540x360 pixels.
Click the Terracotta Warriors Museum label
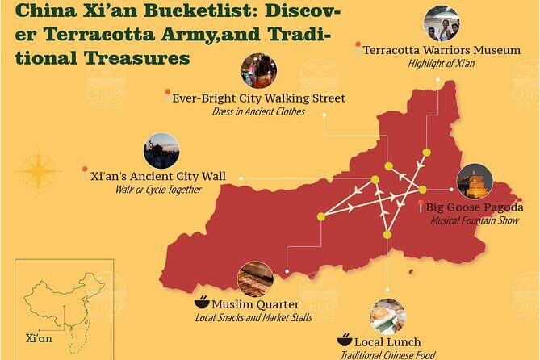(x=441, y=50)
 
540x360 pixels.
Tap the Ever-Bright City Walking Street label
(x=258, y=98)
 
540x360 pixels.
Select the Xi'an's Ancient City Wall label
(x=158, y=176)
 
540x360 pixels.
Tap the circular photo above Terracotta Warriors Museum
(x=441, y=23)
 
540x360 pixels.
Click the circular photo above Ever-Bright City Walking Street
(x=257, y=71)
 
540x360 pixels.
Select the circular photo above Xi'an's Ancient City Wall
(x=161, y=150)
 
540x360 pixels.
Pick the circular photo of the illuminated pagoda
(x=475, y=182)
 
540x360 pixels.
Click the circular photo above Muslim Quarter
(x=255, y=278)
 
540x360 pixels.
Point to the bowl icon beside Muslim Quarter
(x=201, y=304)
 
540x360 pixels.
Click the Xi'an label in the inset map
(x=39, y=338)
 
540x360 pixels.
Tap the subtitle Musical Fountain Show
(x=473, y=220)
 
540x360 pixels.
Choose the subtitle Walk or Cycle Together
(x=157, y=189)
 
